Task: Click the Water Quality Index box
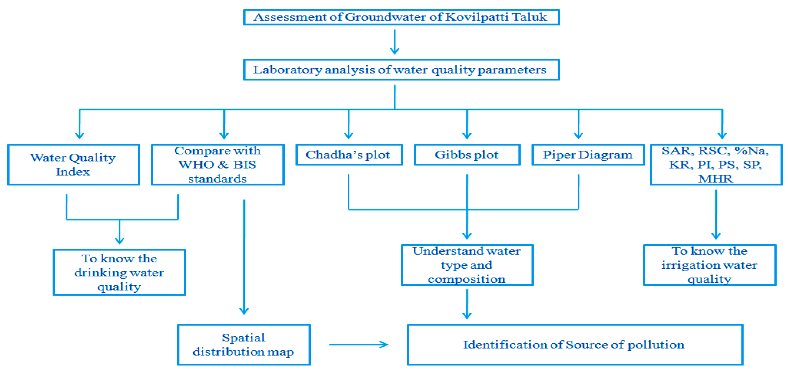[73, 165]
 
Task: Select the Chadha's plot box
[349, 155]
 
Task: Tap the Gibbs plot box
[467, 155]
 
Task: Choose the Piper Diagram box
[588, 155]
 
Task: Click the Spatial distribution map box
[244, 344]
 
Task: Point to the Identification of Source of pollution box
[575, 344]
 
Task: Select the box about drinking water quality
[119, 272]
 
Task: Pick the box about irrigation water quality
[710, 265]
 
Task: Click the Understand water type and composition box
[467, 265]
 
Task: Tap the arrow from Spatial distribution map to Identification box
[358, 344]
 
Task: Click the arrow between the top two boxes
[395, 42]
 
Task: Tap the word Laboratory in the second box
[287, 70]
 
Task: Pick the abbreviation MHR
[715, 178]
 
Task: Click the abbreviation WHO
[196, 165]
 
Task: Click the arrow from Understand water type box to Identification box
[467, 304]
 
